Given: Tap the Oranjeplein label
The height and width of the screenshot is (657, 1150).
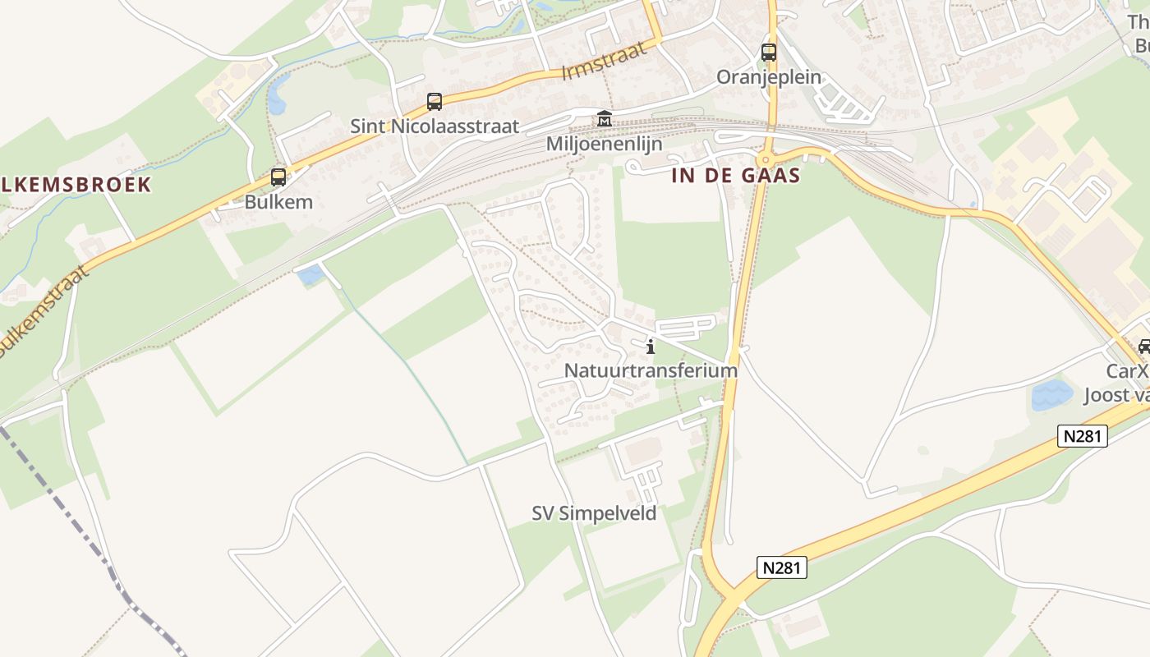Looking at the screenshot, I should click(x=769, y=77).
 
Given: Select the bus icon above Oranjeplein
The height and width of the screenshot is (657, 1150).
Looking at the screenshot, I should click(x=769, y=53).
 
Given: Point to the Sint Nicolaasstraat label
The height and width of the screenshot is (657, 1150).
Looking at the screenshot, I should click(x=435, y=126).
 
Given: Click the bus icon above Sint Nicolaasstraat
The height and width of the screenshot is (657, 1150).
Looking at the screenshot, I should click(x=435, y=102).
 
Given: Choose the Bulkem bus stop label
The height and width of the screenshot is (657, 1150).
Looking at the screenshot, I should click(x=278, y=202).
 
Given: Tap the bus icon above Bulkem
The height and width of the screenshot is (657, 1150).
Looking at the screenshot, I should click(x=278, y=177).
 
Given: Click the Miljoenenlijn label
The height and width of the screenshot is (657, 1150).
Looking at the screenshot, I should click(x=604, y=144).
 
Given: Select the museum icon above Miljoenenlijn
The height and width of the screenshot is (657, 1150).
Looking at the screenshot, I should click(x=605, y=119).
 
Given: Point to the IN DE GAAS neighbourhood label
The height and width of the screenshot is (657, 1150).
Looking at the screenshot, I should click(x=735, y=175).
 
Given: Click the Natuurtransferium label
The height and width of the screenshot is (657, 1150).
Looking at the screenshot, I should click(x=651, y=370).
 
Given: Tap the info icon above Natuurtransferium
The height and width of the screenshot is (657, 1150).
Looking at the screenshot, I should click(x=651, y=347).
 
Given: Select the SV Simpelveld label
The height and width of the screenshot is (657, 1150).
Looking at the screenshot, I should click(x=594, y=513).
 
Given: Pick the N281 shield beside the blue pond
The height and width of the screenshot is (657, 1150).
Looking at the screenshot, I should click(x=1082, y=436).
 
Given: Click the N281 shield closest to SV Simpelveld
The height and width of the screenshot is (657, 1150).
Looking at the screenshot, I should click(x=781, y=567).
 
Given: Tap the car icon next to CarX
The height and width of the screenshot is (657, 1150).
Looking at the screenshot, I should click(x=1143, y=347).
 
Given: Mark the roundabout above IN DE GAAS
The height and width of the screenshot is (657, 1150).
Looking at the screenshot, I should click(x=766, y=159).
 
